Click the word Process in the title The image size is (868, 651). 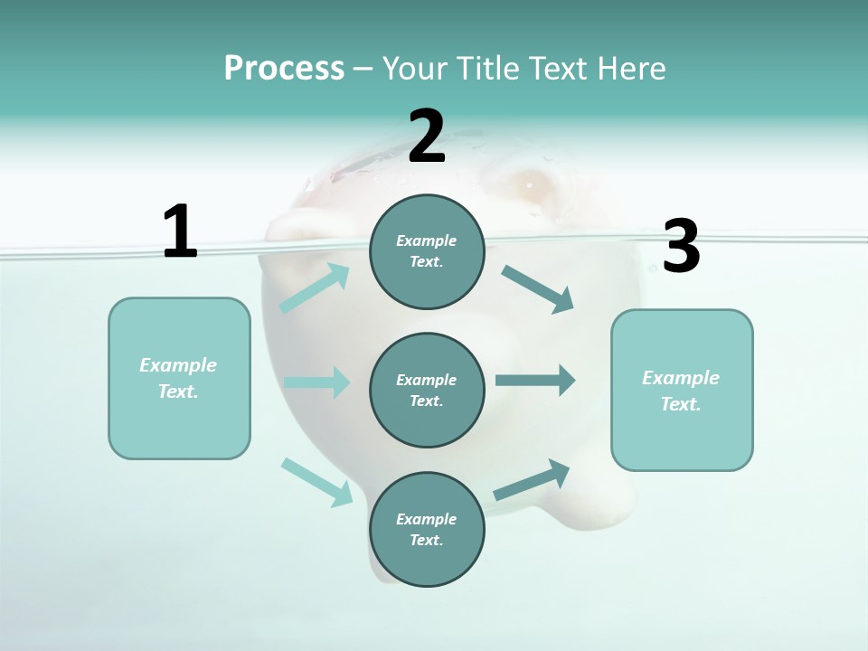284,68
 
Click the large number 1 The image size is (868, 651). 180,231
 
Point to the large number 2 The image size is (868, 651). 426,137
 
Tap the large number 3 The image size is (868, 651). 681,246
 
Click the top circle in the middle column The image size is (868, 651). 427,251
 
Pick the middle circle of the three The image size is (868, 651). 427,390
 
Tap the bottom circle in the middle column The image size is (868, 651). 427,529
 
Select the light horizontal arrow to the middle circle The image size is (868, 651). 316,382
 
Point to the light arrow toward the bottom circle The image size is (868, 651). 317,481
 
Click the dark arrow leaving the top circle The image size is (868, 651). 538,288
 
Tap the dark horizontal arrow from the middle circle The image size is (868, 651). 535,381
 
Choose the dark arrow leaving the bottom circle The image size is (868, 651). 532,479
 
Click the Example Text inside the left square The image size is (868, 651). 178,378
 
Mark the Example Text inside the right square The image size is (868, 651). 681,391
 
